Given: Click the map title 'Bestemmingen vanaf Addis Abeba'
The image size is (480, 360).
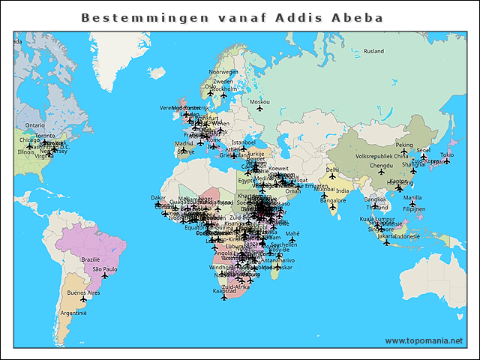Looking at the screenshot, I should [232, 17].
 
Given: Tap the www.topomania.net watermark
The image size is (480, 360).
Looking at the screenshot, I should [424, 340].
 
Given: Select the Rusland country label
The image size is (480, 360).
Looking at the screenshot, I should [373, 51].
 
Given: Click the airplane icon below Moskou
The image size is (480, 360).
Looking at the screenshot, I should [259, 109].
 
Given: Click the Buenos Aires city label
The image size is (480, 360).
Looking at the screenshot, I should [83, 291].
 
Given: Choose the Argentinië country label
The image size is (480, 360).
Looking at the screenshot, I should [72, 312].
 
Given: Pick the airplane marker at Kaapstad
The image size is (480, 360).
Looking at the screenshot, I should [223, 298].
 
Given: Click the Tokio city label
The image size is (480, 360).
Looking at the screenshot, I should [446, 154].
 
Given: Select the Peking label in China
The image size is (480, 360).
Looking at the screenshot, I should [404, 145].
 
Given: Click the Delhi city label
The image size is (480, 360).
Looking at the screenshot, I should [331, 169].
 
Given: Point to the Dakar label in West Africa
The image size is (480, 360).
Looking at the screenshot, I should [158, 197].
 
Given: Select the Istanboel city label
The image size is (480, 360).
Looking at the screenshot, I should [244, 142].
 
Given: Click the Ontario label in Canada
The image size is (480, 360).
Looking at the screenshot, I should [35, 125].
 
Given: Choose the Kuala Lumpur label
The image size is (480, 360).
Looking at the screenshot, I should [377, 218].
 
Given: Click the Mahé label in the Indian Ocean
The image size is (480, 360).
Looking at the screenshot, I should [292, 233].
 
